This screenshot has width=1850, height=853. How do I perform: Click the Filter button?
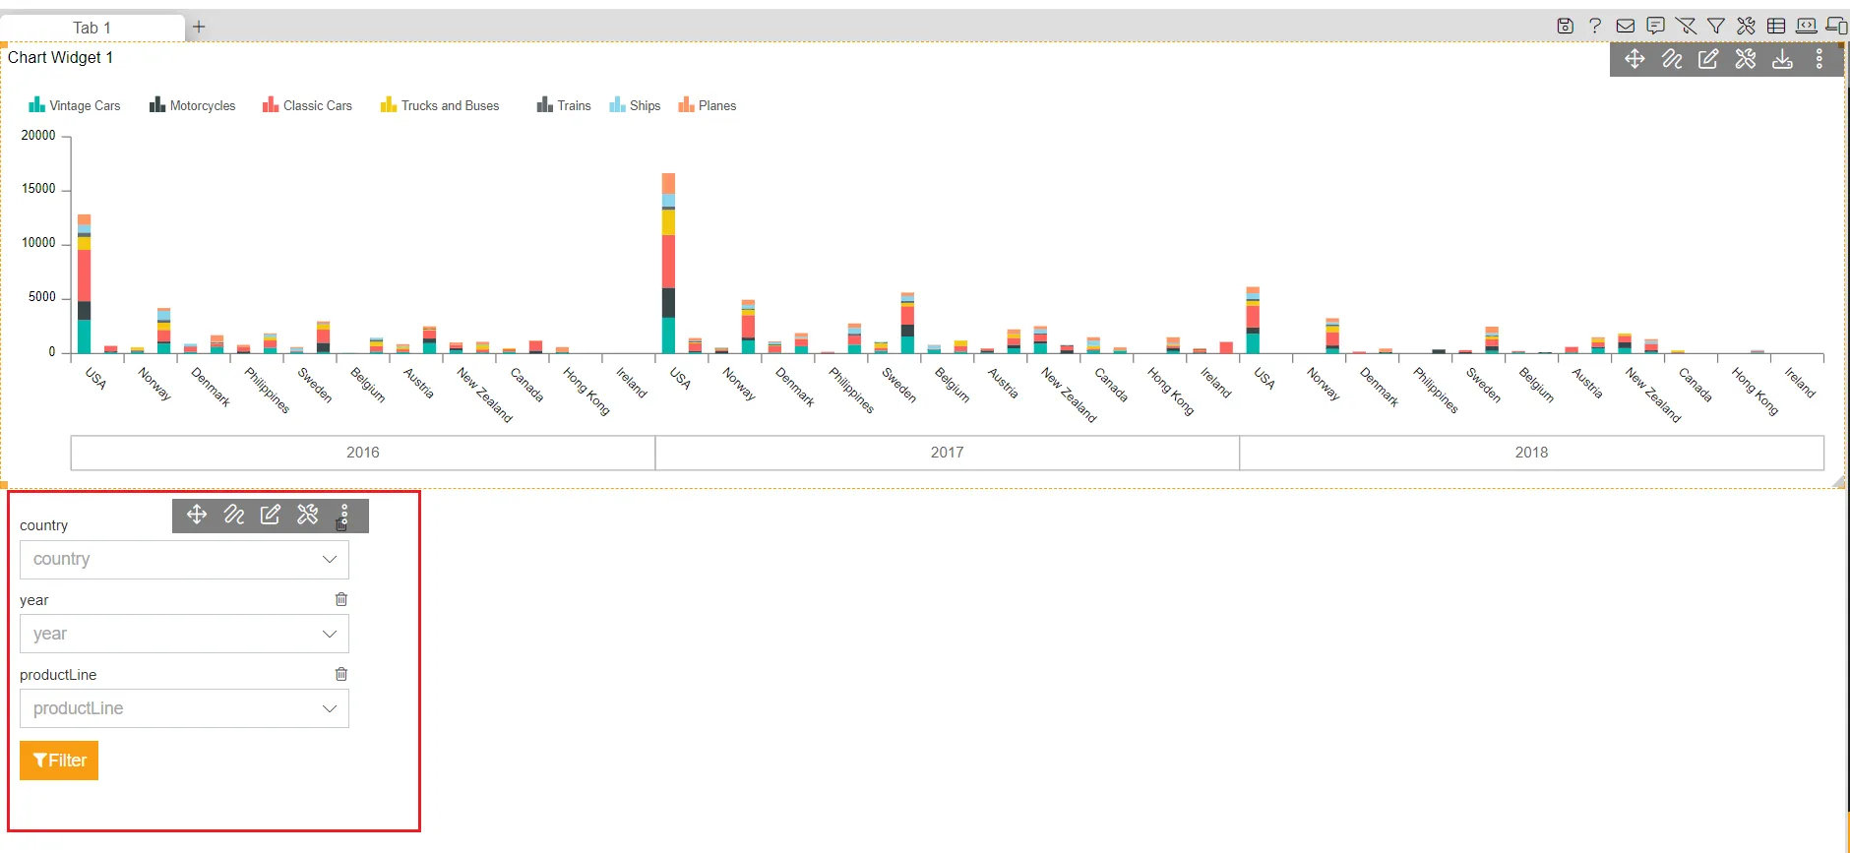[x=59, y=761]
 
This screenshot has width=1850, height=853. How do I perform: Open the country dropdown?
[x=184, y=560]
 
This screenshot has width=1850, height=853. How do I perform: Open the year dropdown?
[x=184, y=635]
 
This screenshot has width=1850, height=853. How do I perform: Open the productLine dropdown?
[x=184, y=708]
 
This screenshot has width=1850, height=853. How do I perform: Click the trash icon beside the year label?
[x=341, y=599]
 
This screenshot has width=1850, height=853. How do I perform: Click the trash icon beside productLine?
[x=341, y=674]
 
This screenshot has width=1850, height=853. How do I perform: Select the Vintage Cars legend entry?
[x=75, y=105]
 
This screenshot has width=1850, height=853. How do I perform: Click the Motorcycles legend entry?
[x=193, y=105]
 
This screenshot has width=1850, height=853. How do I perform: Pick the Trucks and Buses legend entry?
[x=440, y=105]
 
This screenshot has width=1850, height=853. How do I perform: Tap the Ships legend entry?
[x=635, y=105]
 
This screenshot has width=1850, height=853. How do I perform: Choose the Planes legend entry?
[x=707, y=105]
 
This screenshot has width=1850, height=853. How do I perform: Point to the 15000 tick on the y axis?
[x=39, y=189]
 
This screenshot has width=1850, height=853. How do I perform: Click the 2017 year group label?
[x=947, y=453]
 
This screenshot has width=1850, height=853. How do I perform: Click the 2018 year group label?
[x=1531, y=453]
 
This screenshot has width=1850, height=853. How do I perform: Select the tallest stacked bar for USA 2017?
[x=669, y=264]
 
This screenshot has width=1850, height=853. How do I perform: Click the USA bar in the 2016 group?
[x=85, y=284]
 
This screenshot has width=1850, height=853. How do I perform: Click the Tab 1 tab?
[x=92, y=28]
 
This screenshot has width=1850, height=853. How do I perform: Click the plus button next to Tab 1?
[x=199, y=27]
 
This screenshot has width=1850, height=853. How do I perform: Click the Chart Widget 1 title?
[x=61, y=57]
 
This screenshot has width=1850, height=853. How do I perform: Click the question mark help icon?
[x=1595, y=26]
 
